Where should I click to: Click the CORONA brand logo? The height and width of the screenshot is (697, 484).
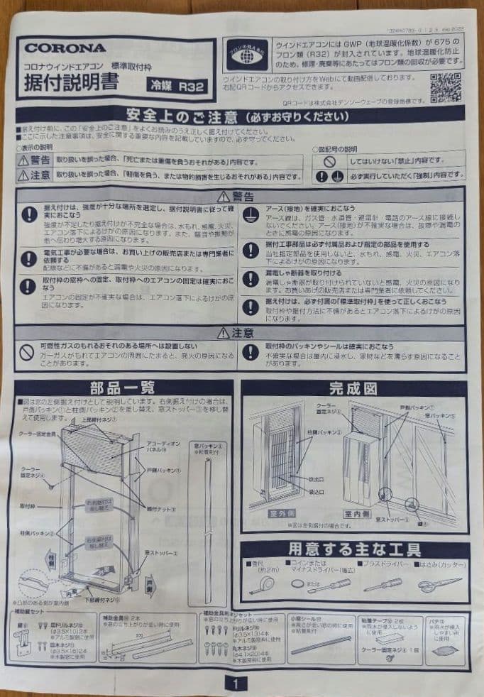click(66, 48)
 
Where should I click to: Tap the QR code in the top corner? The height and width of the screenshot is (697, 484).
click(446, 86)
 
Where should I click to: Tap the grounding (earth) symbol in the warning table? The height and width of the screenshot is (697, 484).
click(250, 215)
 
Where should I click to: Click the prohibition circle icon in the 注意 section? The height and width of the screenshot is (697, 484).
click(28, 352)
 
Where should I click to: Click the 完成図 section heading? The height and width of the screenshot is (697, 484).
click(353, 388)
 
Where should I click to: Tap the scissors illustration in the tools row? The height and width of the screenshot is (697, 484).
click(439, 586)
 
